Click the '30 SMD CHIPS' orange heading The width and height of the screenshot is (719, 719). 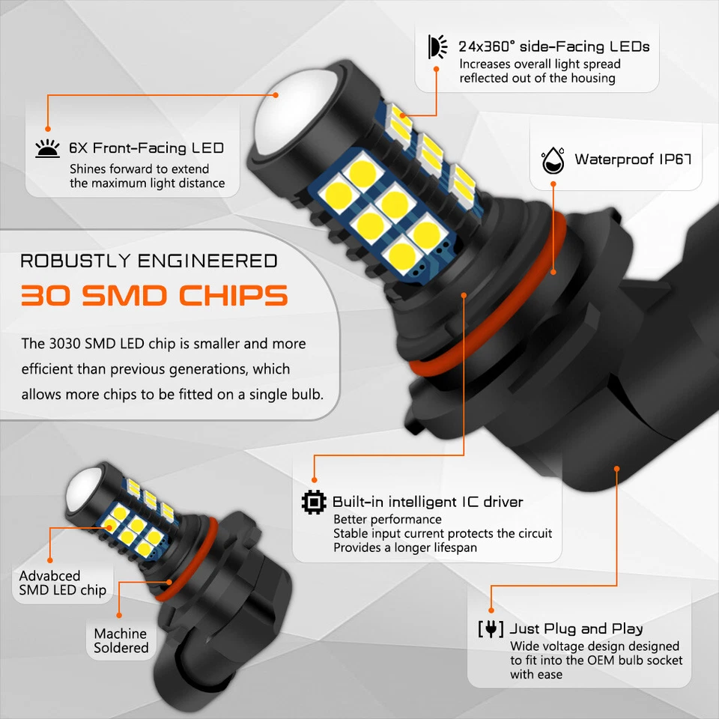(x=154, y=295)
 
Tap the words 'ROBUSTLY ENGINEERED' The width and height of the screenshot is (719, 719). (x=148, y=261)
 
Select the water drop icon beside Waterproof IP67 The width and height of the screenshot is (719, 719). (x=553, y=160)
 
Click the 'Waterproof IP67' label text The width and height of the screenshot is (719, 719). (x=633, y=160)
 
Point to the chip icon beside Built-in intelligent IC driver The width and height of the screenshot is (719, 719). (x=314, y=502)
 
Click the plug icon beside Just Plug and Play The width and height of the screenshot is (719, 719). (x=490, y=628)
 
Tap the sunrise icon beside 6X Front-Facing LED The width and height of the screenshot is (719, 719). (x=47, y=148)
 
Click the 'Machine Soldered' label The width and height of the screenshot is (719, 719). (x=121, y=640)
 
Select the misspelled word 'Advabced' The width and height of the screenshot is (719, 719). (x=49, y=576)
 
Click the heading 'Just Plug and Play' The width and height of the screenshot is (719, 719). (x=576, y=628)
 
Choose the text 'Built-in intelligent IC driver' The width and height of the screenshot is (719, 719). (x=428, y=502)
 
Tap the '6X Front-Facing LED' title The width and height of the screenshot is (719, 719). (x=146, y=148)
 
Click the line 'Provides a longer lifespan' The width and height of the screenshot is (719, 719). (x=404, y=547)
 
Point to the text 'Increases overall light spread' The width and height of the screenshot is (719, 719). (x=539, y=64)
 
